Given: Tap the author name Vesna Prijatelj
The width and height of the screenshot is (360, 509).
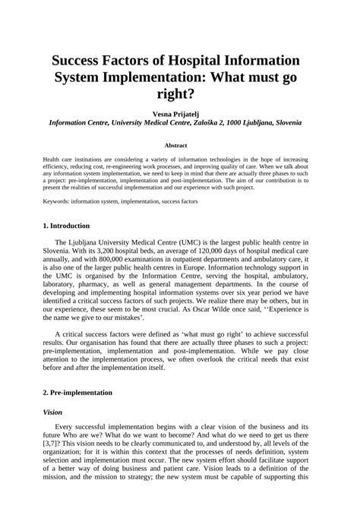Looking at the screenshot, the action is point(180,112).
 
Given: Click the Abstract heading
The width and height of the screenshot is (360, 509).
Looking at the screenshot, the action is point(180,144).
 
